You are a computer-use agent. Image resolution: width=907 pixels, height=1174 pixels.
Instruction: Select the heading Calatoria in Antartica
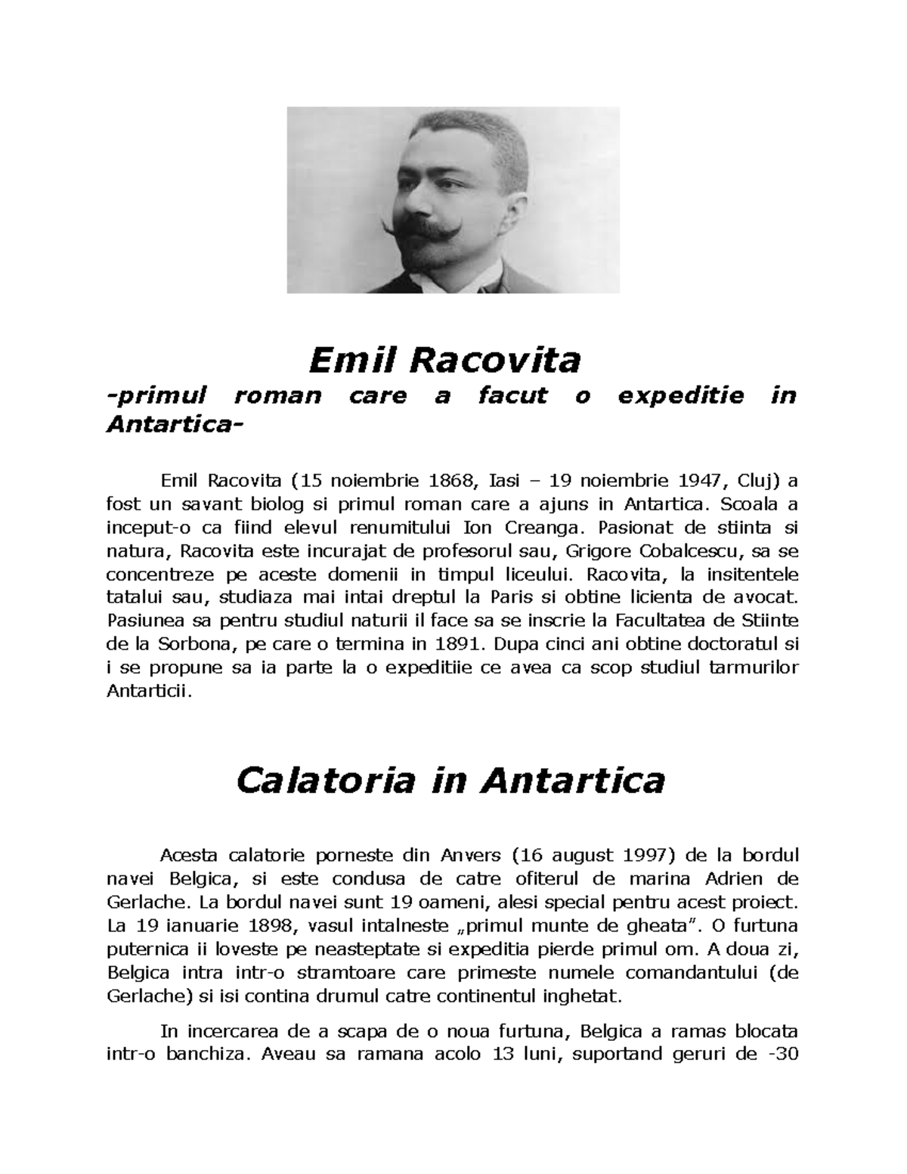pyautogui.click(x=450, y=780)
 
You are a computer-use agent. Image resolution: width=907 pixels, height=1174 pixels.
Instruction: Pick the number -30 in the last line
pyautogui.click(x=782, y=1054)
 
